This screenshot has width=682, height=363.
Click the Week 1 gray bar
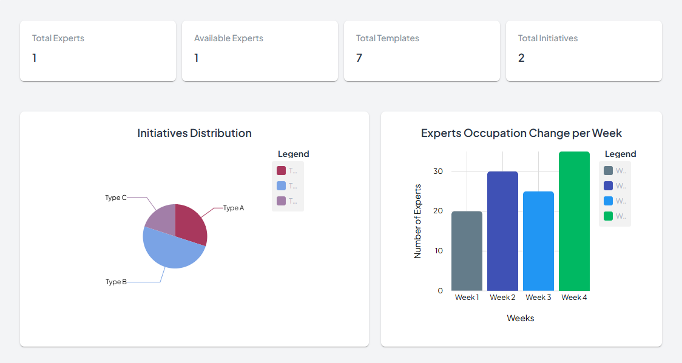pos(467,251)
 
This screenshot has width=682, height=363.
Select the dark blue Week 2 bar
pos(502,231)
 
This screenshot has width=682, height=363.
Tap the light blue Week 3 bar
pos(538,241)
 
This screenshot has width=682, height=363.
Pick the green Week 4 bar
pos(574,221)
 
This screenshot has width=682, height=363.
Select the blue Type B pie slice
pos(171,252)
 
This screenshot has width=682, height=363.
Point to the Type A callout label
pos(234,208)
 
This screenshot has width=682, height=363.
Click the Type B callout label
pos(116,282)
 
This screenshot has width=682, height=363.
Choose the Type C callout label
pos(115,198)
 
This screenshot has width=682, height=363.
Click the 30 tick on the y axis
pos(438,172)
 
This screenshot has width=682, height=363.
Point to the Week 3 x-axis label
pos(538,298)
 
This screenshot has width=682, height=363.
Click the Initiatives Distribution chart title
pos(194,133)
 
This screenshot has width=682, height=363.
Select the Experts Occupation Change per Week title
pos(521,133)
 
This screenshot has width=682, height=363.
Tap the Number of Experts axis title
pos(417,221)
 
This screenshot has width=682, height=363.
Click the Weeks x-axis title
pos(521,318)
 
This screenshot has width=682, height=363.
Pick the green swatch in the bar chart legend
pos(608,216)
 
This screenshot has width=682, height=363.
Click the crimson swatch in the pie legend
pos(281,171)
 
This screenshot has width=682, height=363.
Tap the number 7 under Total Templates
pos(359,58)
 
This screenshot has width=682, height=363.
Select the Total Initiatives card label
pos(547,38)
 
